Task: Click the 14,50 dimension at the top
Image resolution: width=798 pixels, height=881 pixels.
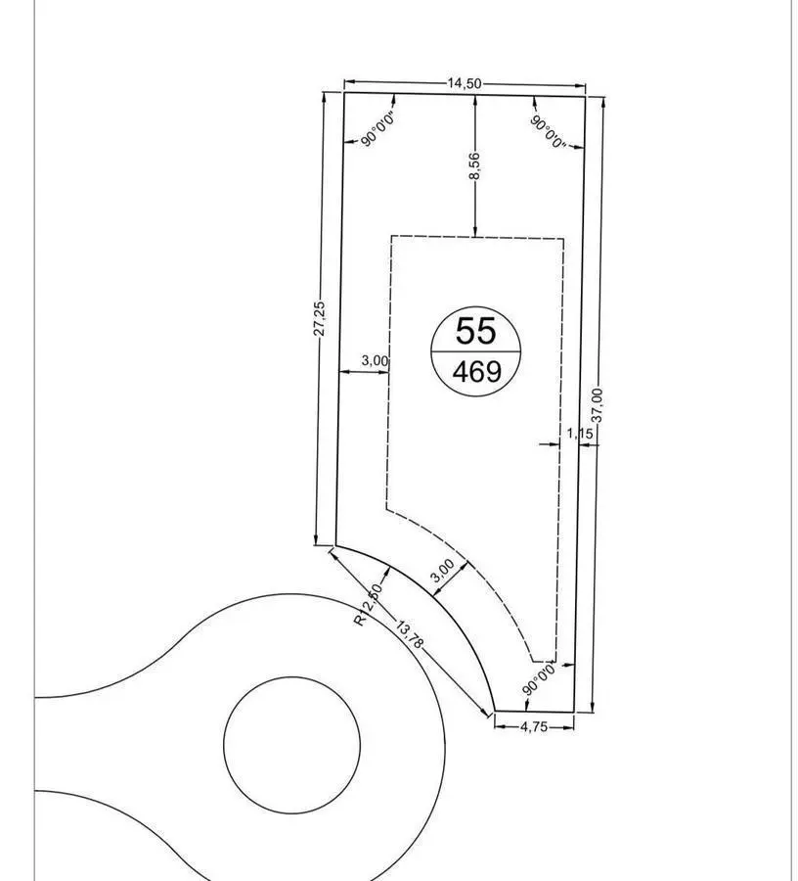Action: pyautogui.click(x=465, y=84)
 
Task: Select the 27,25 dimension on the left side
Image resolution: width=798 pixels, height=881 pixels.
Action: pyautogui.click(x=318, y=318)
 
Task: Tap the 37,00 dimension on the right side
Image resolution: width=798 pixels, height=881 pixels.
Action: pyautogui.click(x=598, y=405)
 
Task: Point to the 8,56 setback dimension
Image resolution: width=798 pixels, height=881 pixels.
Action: pyautogui.click(x=474, y=166)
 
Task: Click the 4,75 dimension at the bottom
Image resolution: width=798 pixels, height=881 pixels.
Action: pyautogui.click(x=534, y=726)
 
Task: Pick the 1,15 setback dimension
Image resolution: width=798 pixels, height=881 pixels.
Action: pyautogui.click(x=580, y=434)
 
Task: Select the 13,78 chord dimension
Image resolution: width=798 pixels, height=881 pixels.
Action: pyautogui.click(x=409, y=634)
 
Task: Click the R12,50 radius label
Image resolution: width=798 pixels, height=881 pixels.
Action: pyautogui.click(x=369, y=605)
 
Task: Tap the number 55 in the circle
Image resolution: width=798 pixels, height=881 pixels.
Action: pyautogui.click(x=476, y=331)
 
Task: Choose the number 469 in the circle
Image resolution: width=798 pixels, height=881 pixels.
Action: pyautogui.click(x=477, y=371)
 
